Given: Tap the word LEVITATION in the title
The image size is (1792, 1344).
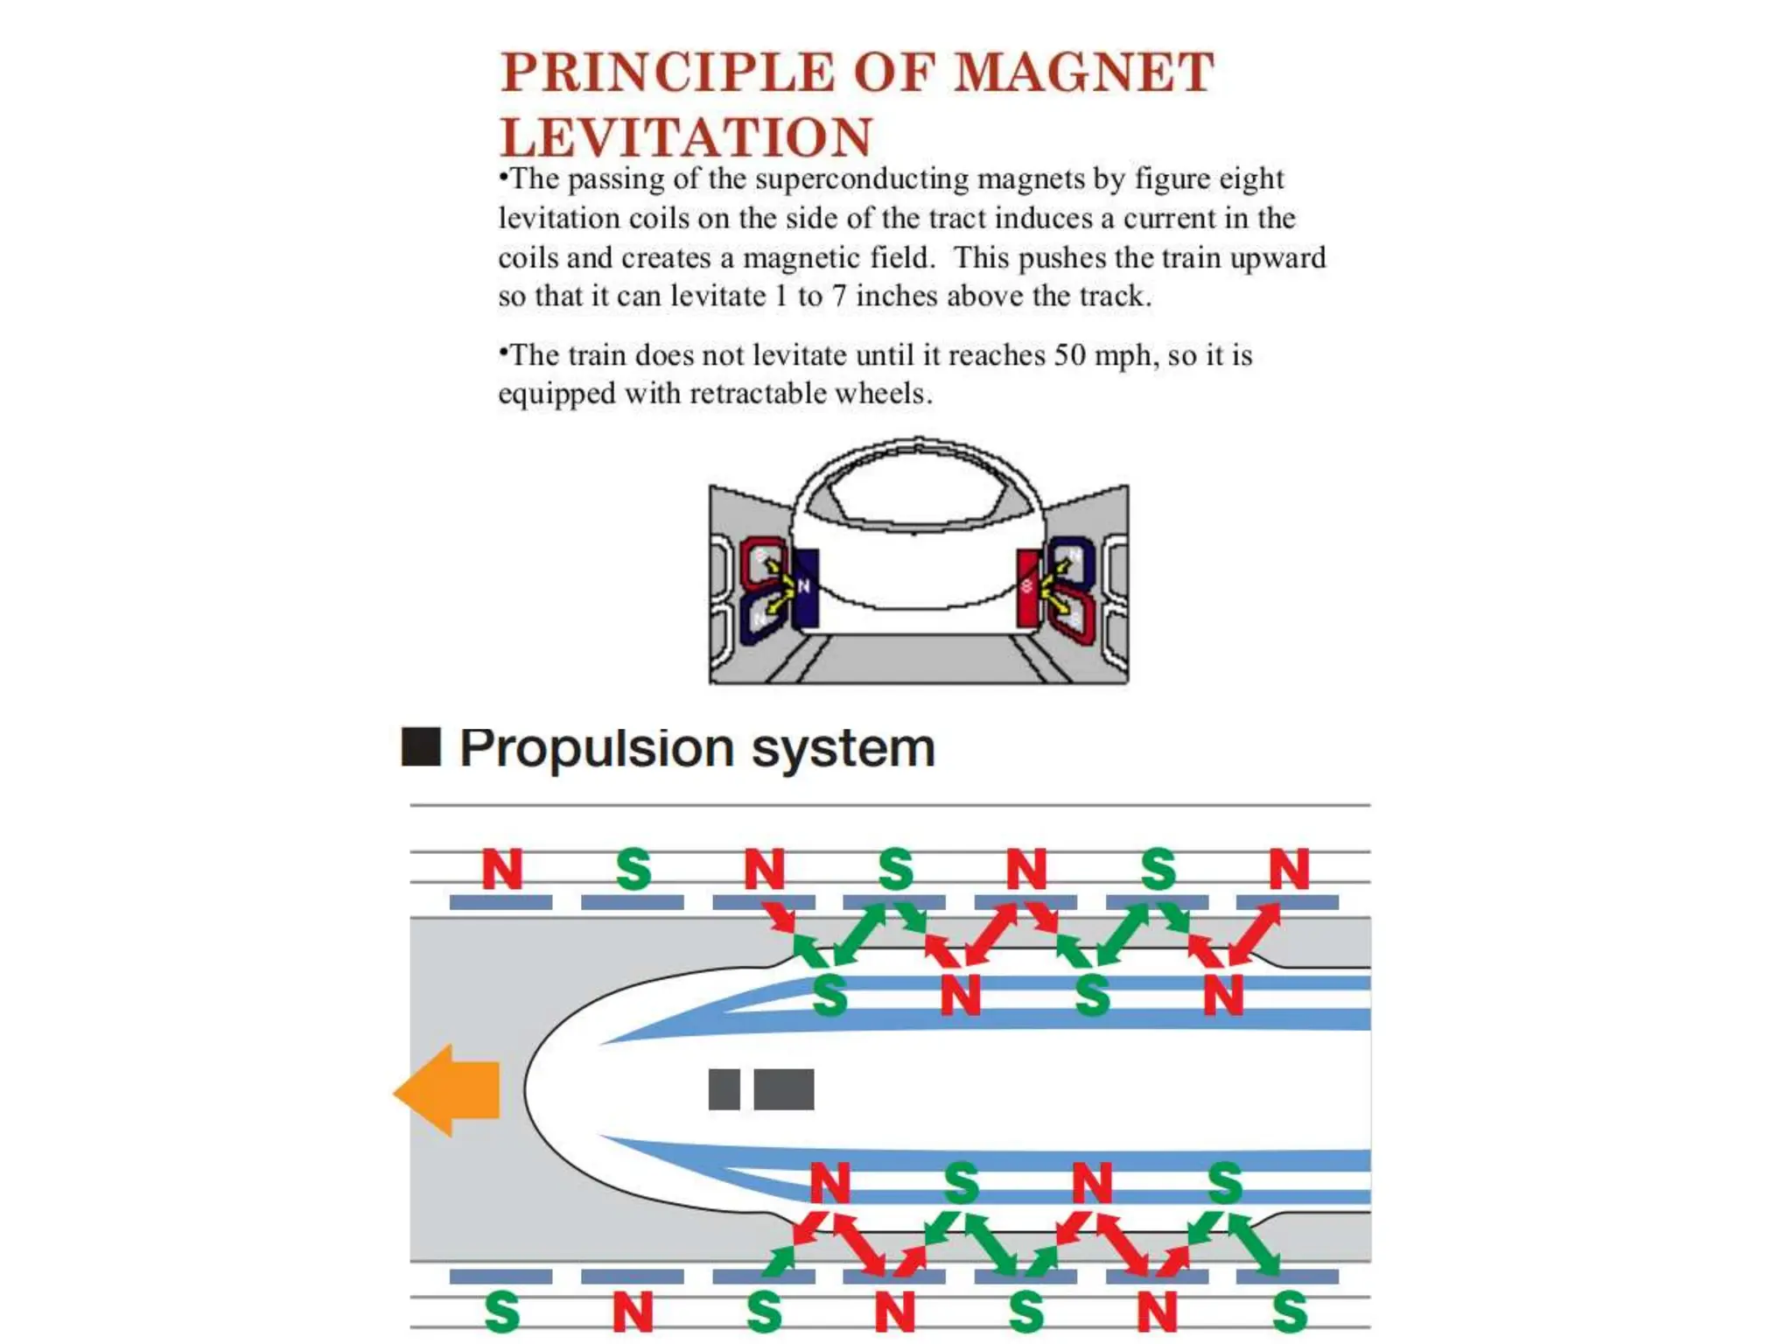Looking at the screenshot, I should tap(686, 137).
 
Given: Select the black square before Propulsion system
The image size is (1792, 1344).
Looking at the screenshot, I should tap(421, 746).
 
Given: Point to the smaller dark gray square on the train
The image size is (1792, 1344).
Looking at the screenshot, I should tap(724, 1089).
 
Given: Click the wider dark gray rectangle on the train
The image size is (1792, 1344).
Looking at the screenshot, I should tap(783, 1089).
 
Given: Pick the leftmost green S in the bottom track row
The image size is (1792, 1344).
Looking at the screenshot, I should tap(502, 1312).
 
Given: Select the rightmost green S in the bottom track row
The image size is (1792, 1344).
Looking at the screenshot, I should tap(1290, 1312).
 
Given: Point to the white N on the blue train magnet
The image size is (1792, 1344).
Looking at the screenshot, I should tap(804, 586).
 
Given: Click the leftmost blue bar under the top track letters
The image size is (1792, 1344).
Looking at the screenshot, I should tap(500, 902).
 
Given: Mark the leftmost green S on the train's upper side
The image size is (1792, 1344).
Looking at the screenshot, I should tap(829, 995).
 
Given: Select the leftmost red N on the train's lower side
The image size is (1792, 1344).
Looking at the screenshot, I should tap(829, 1182).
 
